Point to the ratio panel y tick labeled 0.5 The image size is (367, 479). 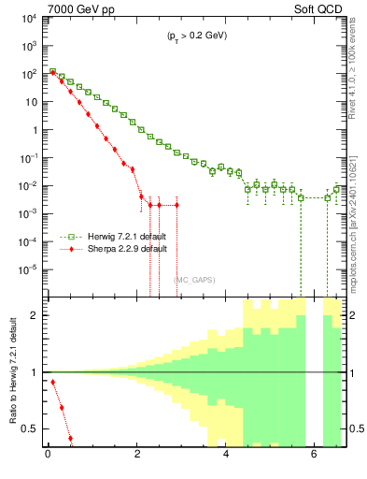(x=31, y=429)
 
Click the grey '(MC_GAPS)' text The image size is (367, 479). (x=193, y=280)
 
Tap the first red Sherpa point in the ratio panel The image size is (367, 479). (x=52, y=382)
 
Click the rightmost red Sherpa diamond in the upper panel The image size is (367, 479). (x=176, y=204)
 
